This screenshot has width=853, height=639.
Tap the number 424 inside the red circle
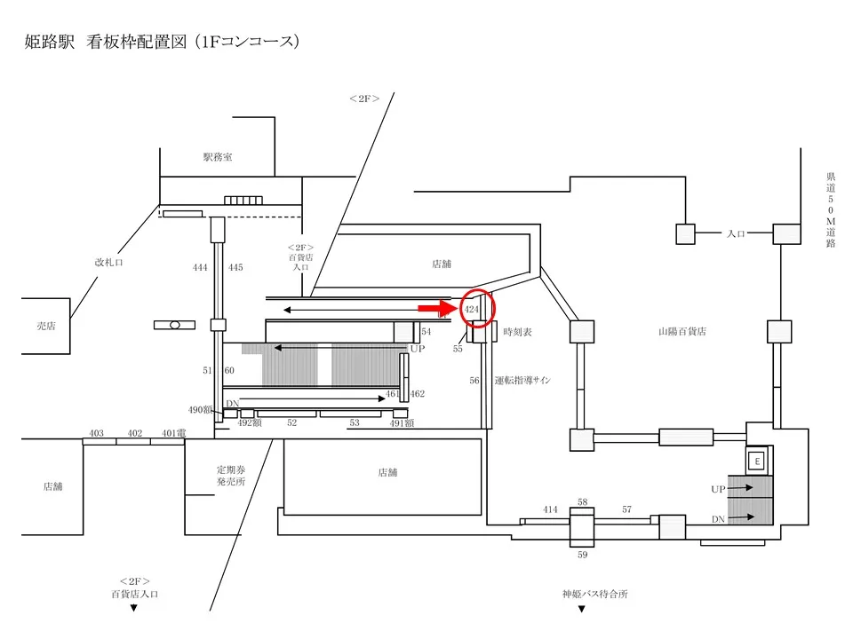472,309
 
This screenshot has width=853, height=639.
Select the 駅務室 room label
217,157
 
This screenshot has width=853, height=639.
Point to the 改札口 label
109,262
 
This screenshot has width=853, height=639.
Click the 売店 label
45,326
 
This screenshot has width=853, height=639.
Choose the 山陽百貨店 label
682,331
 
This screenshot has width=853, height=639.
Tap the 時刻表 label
517,332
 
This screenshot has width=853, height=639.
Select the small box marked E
757,461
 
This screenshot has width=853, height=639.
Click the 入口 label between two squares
735,233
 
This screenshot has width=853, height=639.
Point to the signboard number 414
551,509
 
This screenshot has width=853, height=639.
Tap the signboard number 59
583,555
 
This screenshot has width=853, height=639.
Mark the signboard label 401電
173,433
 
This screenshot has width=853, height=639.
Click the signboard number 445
235,267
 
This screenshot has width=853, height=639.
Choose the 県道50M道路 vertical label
830,209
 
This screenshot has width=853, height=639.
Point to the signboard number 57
626,509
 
